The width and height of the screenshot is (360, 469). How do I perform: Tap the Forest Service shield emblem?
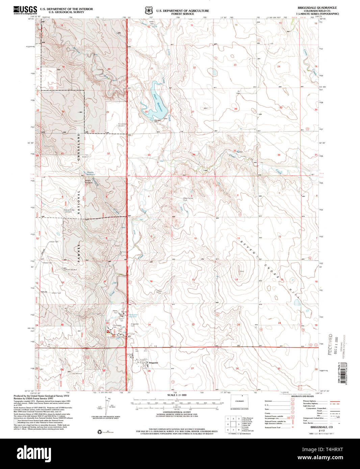pyautogui.click(x=148, y=11)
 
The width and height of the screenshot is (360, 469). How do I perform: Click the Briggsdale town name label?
pyautogui.click(x=153, y=363)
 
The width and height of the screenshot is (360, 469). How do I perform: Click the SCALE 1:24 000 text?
pyautogui.click(x=177, y=395)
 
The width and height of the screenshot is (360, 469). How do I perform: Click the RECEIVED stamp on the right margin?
pyautogui.click(x=330, y=344)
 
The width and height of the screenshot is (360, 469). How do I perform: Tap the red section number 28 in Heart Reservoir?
pyautogui.click(x=146, y=112)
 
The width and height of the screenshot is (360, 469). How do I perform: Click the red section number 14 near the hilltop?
pyautogui.click(x=236, y=279)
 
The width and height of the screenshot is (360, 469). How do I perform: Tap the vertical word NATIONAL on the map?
pyautogui.click(x=79, y=203)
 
